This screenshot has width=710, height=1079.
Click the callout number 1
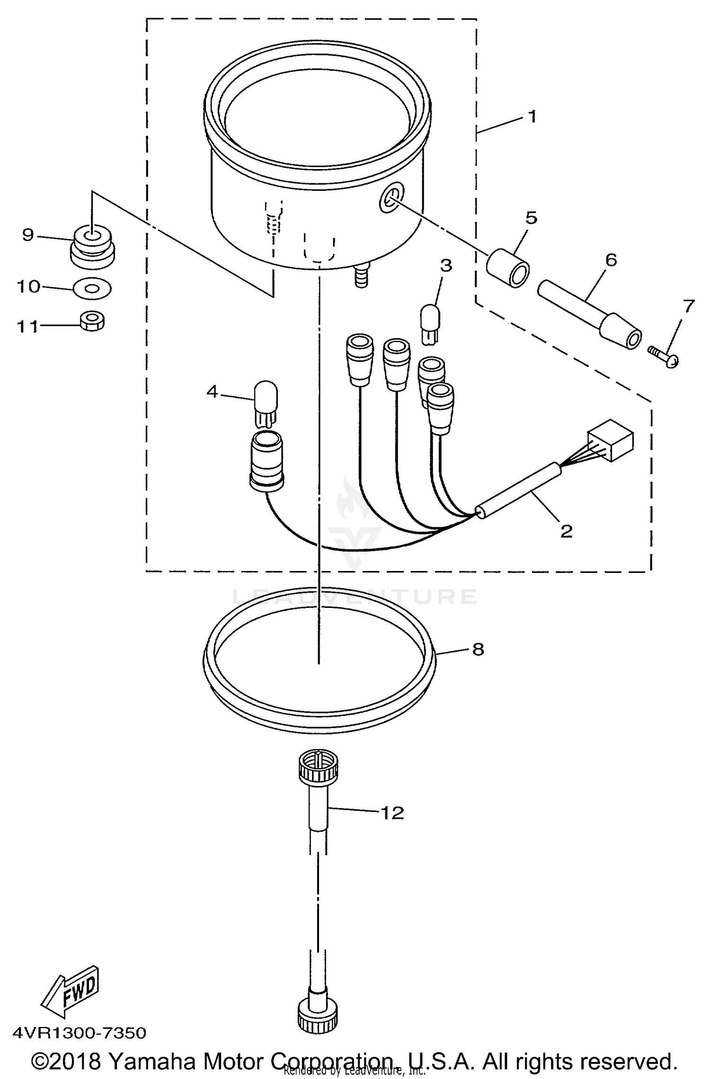[532, 116]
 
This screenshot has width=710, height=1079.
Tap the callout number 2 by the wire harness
[566, 531]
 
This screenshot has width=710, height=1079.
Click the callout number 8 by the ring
[478, 649]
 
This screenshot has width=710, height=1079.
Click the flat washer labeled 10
[92, 287]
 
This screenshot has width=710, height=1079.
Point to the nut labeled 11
[92, 321]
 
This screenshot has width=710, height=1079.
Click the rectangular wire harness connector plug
[611, 440]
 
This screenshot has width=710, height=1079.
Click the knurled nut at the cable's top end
[318, 767]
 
